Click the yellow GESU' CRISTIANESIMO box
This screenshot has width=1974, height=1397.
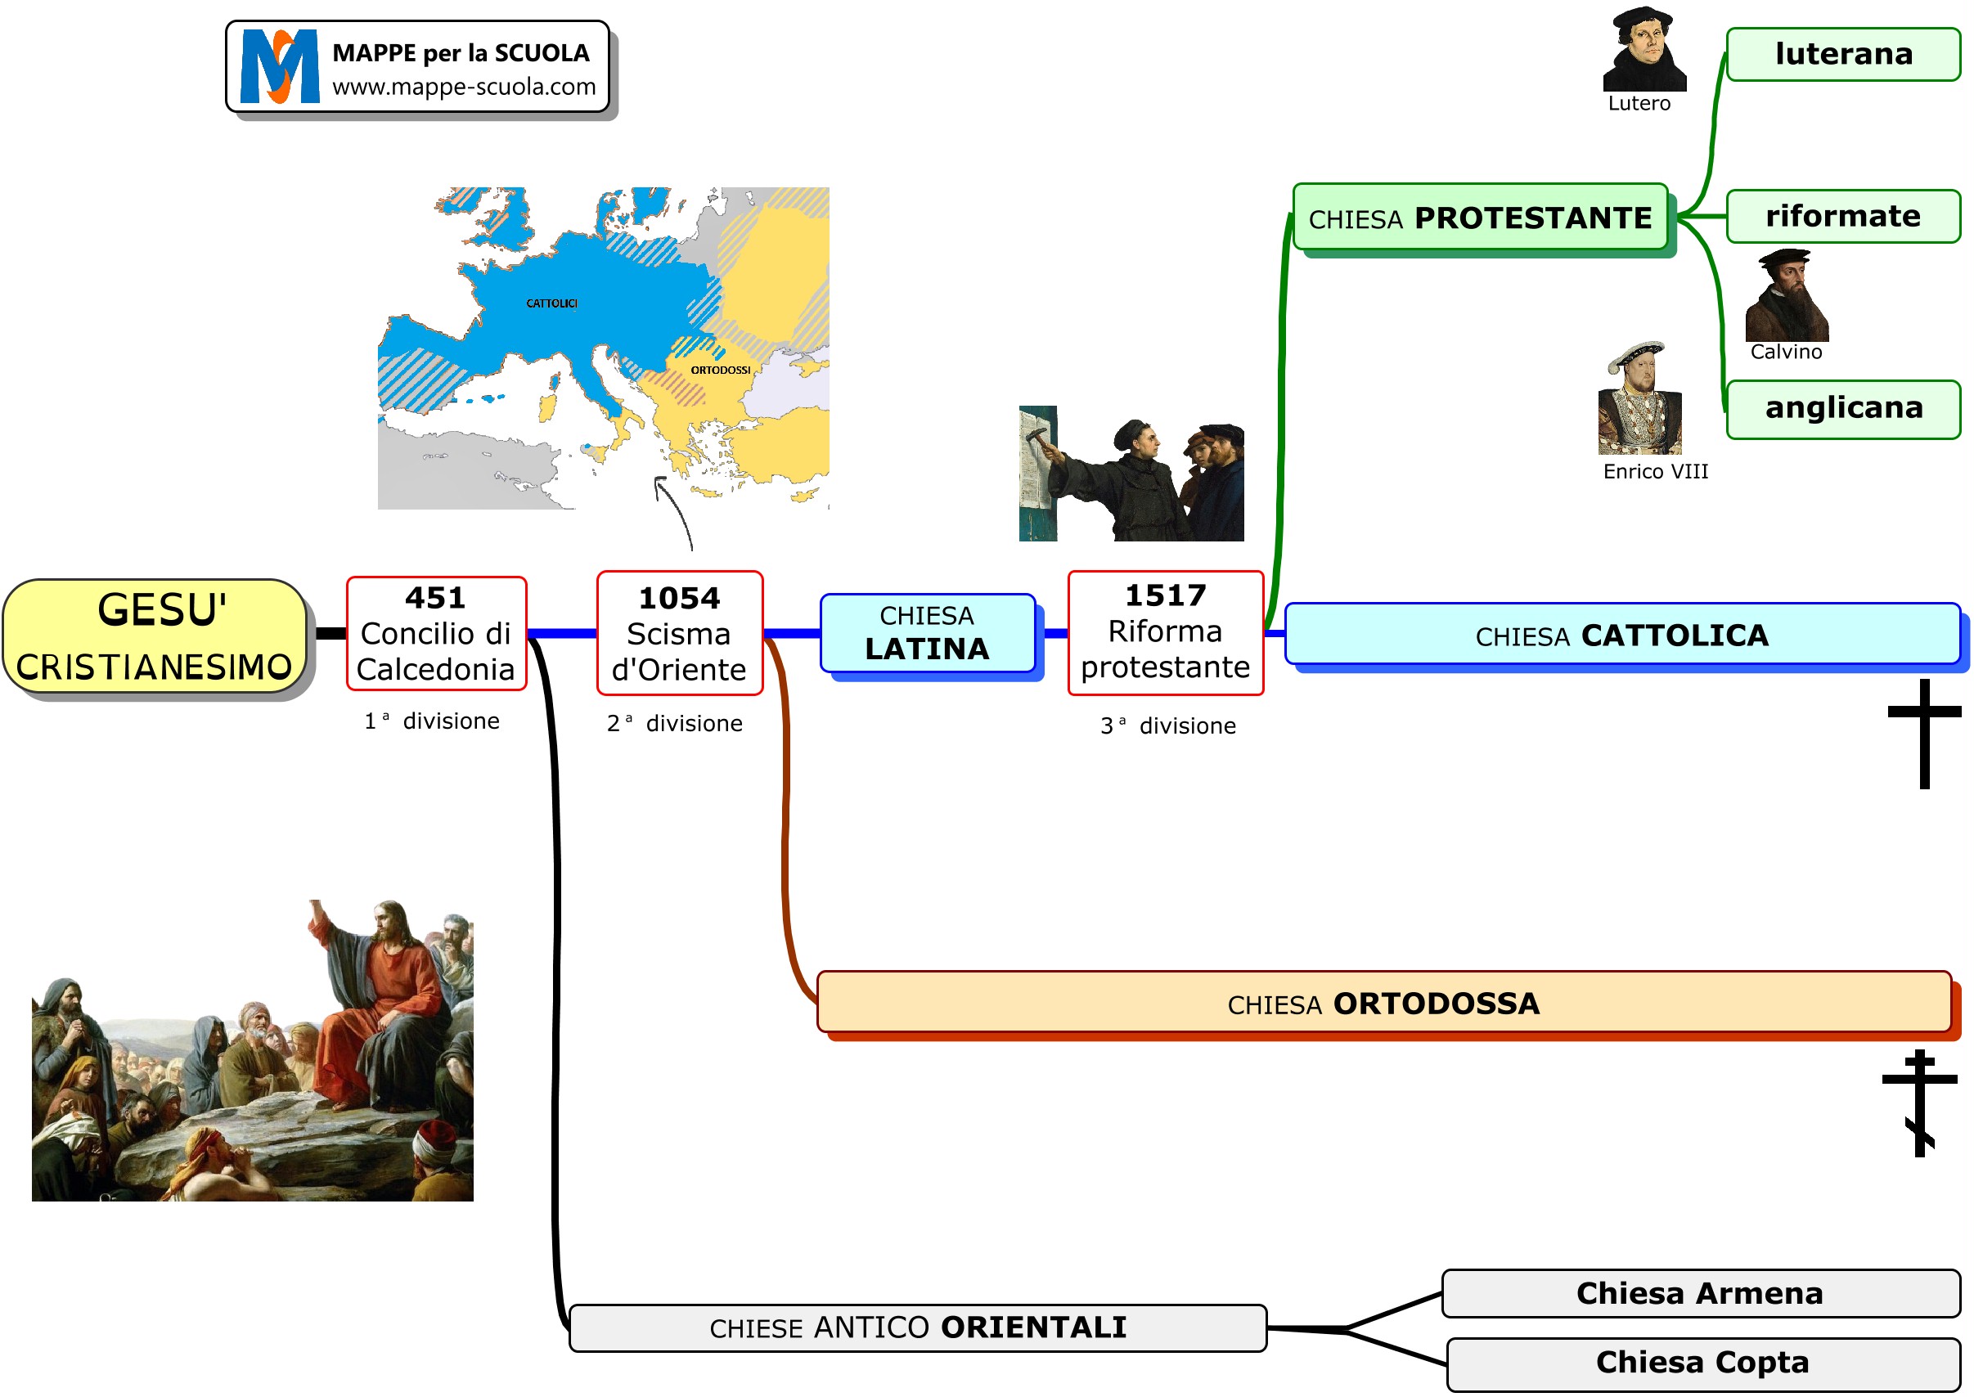pos(155,636)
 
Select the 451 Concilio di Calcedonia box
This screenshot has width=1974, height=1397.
pos(436,633)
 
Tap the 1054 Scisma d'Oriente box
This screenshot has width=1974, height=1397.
pos(680,633)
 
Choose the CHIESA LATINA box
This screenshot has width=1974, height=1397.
pos(927,633)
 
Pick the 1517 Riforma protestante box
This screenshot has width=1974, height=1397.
pos(1166,632)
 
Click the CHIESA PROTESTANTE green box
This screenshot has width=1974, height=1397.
pos(1479,218)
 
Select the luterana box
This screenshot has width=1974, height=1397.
pos(1843,54)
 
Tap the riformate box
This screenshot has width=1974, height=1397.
pos(1843,216)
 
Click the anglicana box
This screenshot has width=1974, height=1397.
pos(1843,409)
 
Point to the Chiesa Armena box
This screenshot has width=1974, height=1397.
pos(1700,1294)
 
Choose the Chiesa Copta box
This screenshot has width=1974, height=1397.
pos(1703,1363)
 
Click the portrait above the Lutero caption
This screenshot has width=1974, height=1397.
pos(1644,49)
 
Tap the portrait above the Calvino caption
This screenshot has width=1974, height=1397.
pos(1787,296)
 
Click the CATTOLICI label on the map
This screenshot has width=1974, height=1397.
pos(552,303)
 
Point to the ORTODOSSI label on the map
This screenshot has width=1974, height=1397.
pos(721,371)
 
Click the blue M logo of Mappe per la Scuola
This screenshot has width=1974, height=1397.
pos(280,67)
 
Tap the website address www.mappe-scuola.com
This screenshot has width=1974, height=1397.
pos(464,87)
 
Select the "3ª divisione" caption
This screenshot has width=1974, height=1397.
pos(1168,726)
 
